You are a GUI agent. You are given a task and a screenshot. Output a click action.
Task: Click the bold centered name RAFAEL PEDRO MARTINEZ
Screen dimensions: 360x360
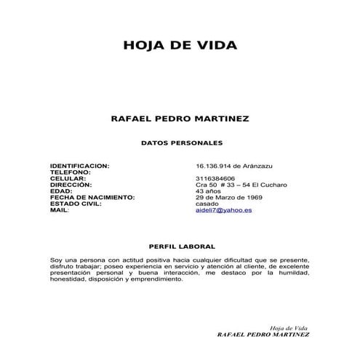180,117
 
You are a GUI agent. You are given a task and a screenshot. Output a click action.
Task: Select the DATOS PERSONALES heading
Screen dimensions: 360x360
180,144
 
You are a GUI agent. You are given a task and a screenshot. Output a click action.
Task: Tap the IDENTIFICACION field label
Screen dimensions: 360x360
80,166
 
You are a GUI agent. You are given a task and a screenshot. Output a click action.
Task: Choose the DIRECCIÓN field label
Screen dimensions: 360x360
72,185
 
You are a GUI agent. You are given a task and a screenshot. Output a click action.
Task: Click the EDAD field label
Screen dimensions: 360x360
63,191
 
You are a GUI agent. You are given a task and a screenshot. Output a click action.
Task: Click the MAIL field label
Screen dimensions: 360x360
60,210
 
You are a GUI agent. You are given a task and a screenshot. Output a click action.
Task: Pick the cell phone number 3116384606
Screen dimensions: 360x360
215,179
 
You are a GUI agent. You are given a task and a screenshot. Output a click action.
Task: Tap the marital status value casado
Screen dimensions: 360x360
207,204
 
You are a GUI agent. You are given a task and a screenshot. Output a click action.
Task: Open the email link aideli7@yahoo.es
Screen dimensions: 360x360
223,210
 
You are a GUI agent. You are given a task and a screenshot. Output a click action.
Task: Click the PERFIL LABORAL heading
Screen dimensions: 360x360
180,247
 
